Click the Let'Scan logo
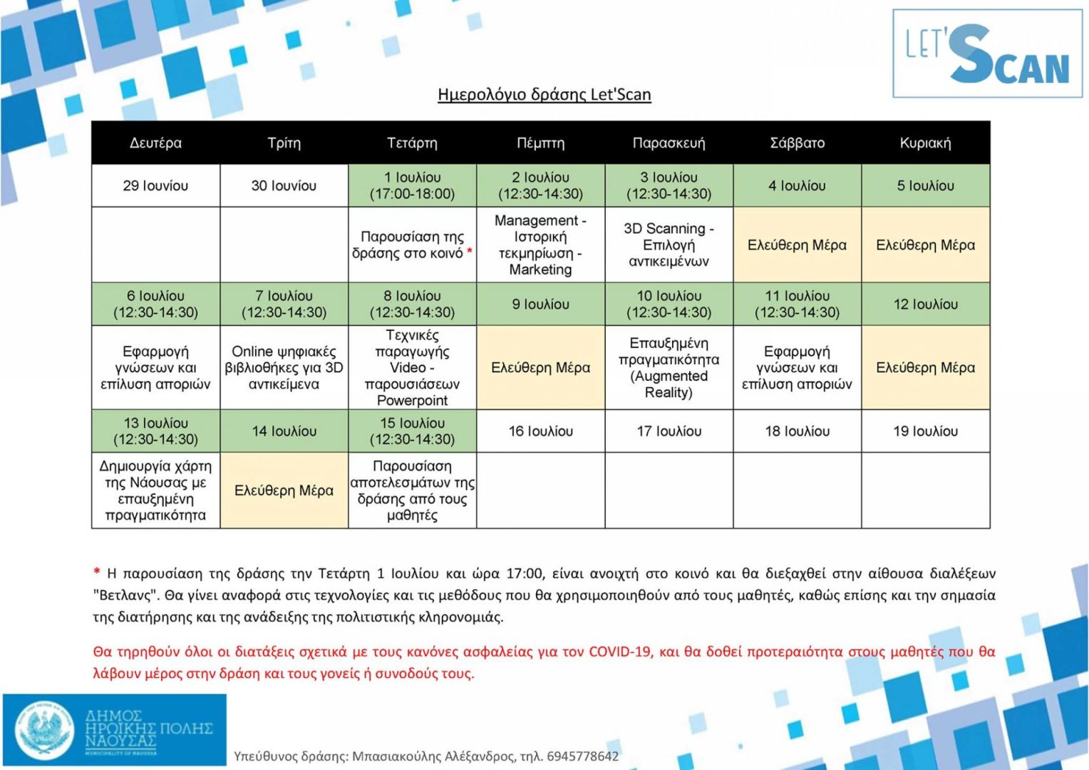pyautogui.click(x=987, y=53)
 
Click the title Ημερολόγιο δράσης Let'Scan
pyautogui.click(x=544, y=95)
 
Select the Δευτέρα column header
pyautogui.click(x=155, y=143)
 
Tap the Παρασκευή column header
pyautogui.click(x=669, y=143)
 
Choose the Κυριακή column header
pyautogui.click(x=925, y=143)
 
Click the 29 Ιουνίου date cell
pyautogui.click(x=155, y=185)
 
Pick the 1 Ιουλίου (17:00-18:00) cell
pyautogui.click(x=412, y=185)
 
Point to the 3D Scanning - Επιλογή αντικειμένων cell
pyautogui.click(x=669, y=245)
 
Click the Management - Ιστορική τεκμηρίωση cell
pyautogui.click(x=540, y=245)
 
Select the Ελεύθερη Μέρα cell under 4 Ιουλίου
pyautogui.click(x=797, y=245)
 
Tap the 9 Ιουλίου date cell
pyautogui.click(x=540, y=304)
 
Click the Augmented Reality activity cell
pyautogui.click(x=669, y=368)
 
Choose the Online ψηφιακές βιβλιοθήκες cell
pyautogui.click(x=284, y=368)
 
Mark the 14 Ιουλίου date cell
pyautogui.click(x=284, y=431)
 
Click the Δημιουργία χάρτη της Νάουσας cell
pyautogui.click(x=155, y=491)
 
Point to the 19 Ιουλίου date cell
pyautogui.click(x=925, y=431)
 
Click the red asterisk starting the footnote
pyautogui.click(x=97, y=572)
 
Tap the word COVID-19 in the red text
pyautogui.click(x=619, y=651)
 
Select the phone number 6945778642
pyautogui.click(x=582, y=756)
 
